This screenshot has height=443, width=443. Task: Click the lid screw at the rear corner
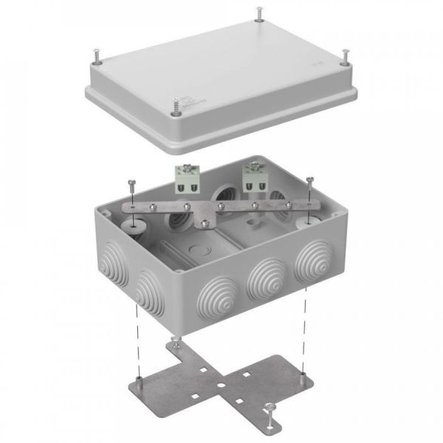coord(259,13)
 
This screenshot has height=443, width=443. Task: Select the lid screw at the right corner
coord(345,56)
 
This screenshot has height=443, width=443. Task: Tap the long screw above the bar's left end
coord(131,189)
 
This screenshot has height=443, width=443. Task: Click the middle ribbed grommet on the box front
coord(264,281)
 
